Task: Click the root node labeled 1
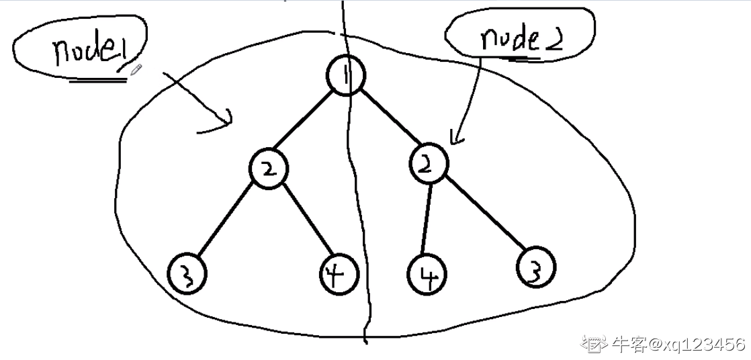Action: click(346, 76)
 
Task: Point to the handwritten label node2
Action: click(511, 40)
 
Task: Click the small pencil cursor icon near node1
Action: click(136, 69)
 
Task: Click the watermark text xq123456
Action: click(703, 345)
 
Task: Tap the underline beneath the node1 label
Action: click(98, 80)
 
